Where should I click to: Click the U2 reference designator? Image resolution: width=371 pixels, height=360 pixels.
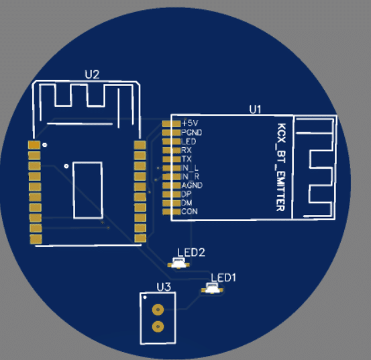pyautogui.click(x=92, y=75)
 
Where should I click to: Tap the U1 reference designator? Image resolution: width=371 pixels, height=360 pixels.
pyautogui.click(x=256, y=109)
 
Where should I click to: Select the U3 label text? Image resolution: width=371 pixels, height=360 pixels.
pyautogui.click(x=164, y=287)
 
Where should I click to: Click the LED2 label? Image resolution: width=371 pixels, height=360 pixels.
pyautogui.click(x=191, y=253)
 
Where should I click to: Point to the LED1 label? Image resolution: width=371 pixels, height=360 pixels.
pyautogui.click(x=223, y=277)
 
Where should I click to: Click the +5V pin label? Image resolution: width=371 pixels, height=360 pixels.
pyautogui.click(x=190, y=123)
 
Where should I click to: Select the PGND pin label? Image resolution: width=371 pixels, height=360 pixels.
pyautogui.click(x=192, y=132)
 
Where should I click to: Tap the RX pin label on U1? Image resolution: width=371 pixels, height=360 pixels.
pyautogui.click(x=187, y=150)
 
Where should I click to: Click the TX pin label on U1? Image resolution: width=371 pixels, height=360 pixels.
pyautogui.click(x=187, y=159)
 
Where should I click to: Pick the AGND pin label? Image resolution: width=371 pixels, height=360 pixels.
pyautogui.click(x=192, y=185)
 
